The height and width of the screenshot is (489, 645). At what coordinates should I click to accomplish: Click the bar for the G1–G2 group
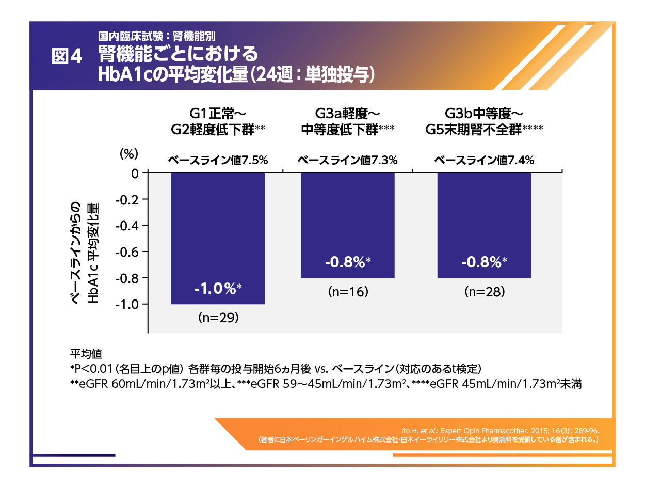pos(218,238)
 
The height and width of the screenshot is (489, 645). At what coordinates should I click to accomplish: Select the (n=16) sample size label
pos(347,292)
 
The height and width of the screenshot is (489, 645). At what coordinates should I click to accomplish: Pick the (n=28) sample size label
pos(484,292)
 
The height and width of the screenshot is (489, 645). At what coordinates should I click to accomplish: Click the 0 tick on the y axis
pos(135,173)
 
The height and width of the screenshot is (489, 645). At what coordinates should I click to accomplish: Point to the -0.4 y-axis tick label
pos(128,226)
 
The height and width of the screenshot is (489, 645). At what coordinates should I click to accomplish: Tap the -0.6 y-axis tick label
pos(128,252)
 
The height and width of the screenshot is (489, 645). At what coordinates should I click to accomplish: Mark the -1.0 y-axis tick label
pos(128,304)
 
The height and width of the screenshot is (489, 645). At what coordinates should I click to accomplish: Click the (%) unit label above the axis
pos(130,153)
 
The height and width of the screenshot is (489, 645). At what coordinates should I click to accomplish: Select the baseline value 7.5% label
pos(218,161)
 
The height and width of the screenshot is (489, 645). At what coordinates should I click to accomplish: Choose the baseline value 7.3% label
pos(347,161)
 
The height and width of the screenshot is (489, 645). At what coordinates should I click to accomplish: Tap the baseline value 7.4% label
pos(484,161)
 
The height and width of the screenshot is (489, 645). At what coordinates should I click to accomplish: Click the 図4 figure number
pos(67,57)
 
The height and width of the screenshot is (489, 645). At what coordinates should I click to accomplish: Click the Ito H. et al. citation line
pos(500,430)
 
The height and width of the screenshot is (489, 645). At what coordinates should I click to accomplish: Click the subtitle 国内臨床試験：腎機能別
pos(157,36)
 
